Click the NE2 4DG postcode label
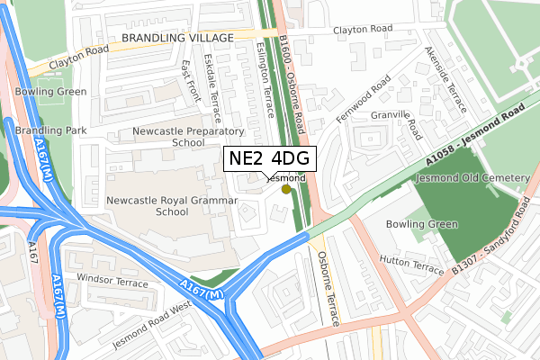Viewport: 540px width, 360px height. coord(267,158)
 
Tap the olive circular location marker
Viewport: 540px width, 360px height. coord(286,189)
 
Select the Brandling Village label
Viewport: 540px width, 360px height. coord(176,37)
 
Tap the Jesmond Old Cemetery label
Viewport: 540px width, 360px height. coord(473,178)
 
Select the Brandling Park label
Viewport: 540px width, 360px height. coord(50,130)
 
